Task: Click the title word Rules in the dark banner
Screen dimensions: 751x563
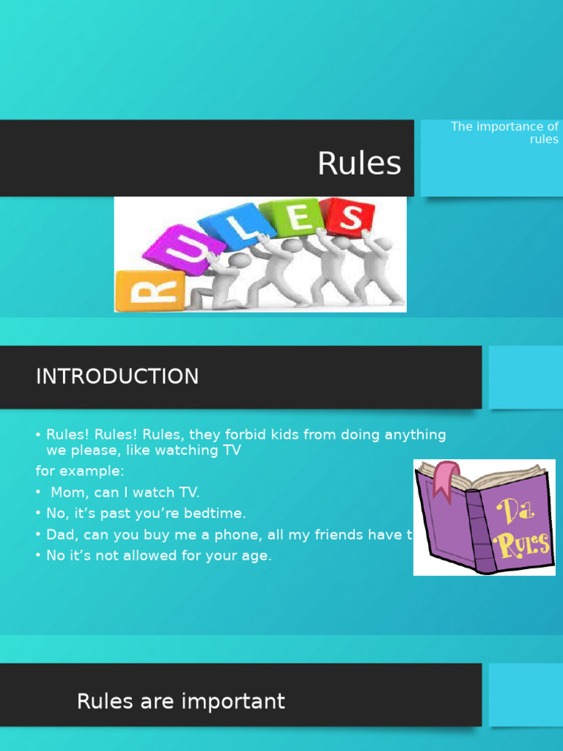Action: (x=359, y=163)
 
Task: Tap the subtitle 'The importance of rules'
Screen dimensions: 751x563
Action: (x=504, y=133)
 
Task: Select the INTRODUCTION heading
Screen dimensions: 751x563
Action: (x=117, y=376)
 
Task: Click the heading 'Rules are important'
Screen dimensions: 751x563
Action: (x=180, y=702)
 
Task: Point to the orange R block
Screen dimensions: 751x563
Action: (x=150, y=292)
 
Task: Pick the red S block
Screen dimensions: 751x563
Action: (x=350, y=217)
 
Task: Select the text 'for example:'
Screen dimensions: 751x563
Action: (x=80, y=471)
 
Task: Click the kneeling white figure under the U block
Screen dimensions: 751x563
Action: (x=218, y=282)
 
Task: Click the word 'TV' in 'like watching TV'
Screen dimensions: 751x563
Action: (x=231, y=450)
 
